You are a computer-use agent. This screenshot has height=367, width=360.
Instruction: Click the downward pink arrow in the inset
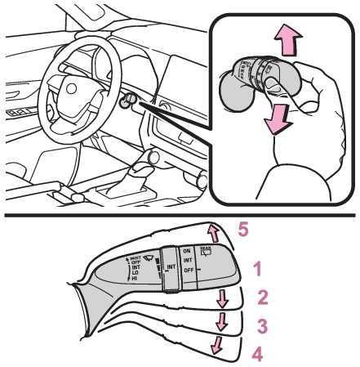277,121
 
